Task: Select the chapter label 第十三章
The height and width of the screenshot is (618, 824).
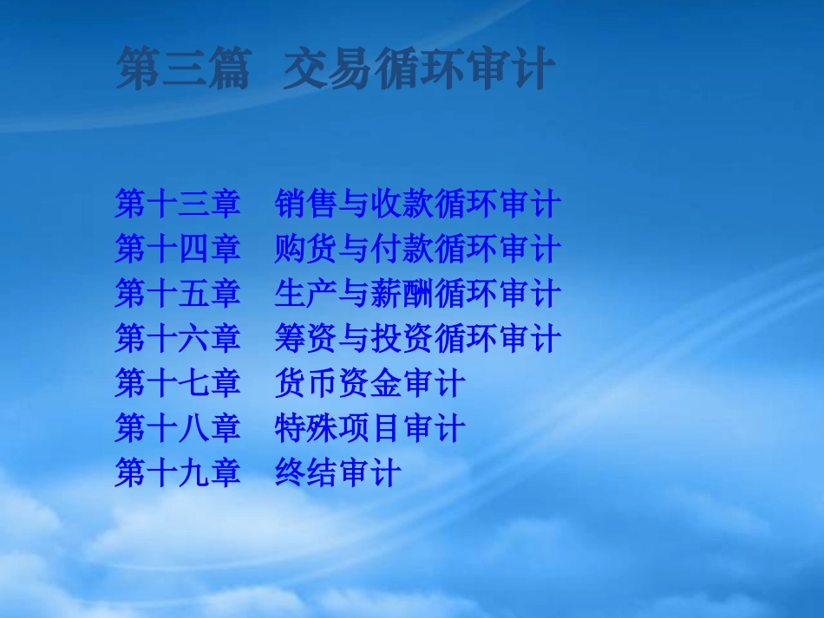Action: [178, 205]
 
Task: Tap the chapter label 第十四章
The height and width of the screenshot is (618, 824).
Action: [178, 250]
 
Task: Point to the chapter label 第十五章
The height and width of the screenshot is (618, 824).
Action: [178, 295]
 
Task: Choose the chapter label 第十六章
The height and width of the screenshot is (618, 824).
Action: [178, 339]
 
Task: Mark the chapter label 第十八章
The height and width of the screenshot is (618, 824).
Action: [178, 428]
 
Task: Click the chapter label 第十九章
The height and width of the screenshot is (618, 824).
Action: [178, 473]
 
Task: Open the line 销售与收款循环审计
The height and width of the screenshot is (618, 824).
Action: [418, 205]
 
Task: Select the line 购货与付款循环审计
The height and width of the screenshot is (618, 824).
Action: [418, 250]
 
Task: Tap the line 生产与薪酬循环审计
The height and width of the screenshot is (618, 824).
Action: [418, 295]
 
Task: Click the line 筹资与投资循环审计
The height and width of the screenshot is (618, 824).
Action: [418, 339]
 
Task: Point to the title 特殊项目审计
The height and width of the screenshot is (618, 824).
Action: [370, 428]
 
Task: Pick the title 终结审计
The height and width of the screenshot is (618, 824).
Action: [338, 473]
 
